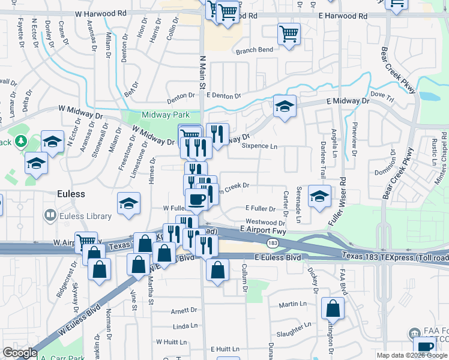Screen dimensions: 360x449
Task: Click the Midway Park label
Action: coord(166,115)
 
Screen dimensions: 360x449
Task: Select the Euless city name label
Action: coord(71,194)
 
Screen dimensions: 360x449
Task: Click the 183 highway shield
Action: coord(272,242)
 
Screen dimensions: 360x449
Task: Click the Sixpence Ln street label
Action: coord(259,146)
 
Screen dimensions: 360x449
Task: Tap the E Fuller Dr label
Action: coord(261,209)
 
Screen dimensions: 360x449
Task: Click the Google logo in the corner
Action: coord(20,353)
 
